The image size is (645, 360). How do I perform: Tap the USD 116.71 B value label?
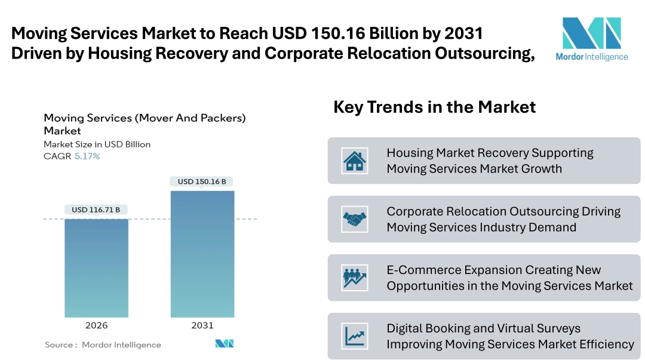point(96,210)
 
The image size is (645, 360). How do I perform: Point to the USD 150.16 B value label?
point(202,181)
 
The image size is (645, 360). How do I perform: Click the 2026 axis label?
point(96,325)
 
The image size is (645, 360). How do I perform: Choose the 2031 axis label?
point(202,325)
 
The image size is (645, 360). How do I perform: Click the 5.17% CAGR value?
point(87,156)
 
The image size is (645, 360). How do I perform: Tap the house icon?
point(354,161)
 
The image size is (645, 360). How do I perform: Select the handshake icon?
point(354,219)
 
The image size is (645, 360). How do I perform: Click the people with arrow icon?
point(354,278)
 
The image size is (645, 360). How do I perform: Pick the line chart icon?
point(354,336)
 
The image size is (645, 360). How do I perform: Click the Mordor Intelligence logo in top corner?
point(591,38)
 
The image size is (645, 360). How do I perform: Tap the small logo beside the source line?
point(225,344)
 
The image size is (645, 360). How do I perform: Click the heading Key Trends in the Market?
point(434,107)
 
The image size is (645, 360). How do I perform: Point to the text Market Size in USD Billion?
point(97,144)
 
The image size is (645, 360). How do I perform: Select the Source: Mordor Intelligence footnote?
point(103,344)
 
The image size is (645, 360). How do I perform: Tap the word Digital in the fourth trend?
point(405,328)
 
